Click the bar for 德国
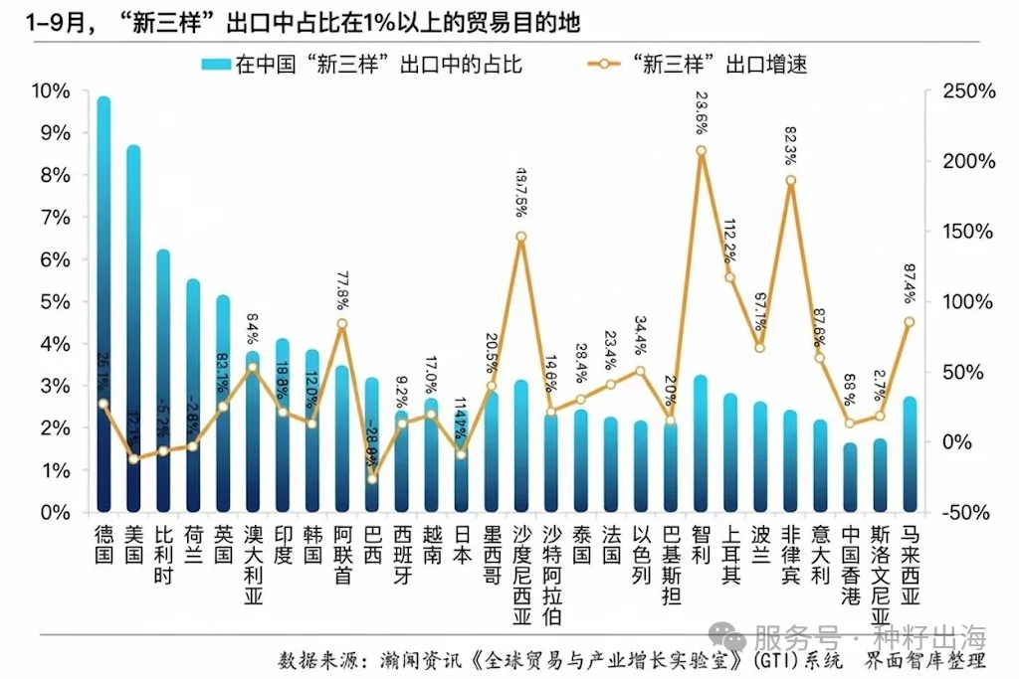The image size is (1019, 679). (103, 308)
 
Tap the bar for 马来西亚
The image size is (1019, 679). (910, 457)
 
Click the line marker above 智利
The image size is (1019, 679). (701, 151)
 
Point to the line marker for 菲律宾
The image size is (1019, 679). (790, 181)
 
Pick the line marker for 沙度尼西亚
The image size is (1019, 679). (521, 237)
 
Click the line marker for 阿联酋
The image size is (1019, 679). (342, 323)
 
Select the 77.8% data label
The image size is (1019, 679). (342, 291)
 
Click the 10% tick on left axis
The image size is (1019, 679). (51, 91)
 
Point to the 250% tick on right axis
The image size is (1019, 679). (964, 91)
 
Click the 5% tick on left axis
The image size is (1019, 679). (55, 302)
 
